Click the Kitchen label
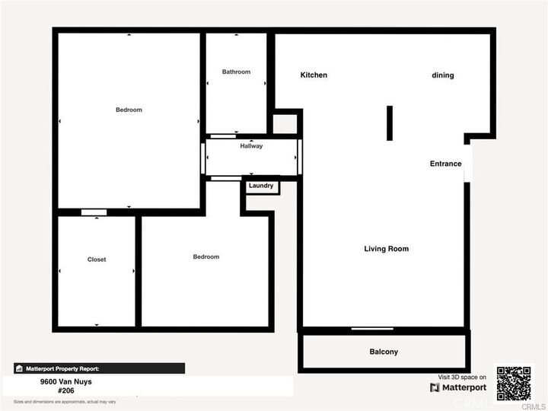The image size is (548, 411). (x=314, y=75)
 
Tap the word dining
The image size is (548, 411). (x=442, y=75)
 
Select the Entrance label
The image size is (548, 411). (x=445, y=164)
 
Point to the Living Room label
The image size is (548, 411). (x=386, y=249)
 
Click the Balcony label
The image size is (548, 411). (x=384, y=352)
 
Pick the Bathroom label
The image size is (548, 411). (x=236, y=72)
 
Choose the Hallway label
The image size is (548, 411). (x=251, y=146)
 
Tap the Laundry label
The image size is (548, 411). (x=261, y=186)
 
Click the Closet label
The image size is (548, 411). (x=97, y=260)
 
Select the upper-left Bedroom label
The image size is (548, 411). (x=129, y=110)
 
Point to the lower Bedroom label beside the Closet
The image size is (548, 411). (x=205, y=256)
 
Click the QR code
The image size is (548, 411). (x=514, y=384)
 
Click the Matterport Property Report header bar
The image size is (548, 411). (x=99, y=368)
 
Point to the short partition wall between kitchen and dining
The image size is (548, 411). (x=389, y=123)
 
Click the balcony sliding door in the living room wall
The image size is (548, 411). (x=372, y=329)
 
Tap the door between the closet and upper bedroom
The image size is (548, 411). (x=94, y=212)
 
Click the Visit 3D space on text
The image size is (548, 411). (x=462, y=377)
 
